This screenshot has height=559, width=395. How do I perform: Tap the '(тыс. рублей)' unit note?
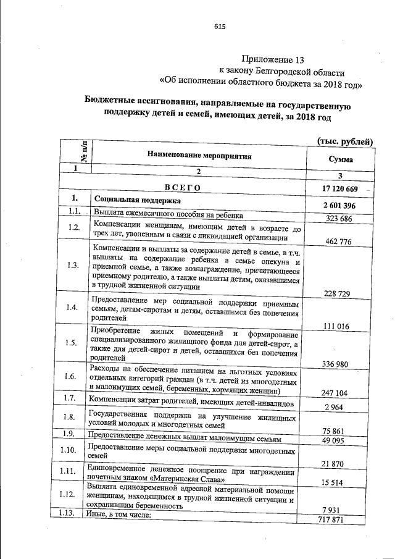tap(345, 141)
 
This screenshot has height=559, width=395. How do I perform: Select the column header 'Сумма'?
tap(341, 159)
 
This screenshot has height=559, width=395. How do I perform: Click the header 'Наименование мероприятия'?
tap(199, 156)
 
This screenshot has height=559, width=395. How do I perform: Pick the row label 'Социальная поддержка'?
tap(136, 201)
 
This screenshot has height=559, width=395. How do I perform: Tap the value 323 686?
tap(338, 219)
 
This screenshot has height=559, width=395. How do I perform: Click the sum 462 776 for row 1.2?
tap(338, 242)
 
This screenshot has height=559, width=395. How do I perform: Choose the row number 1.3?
tap(73, 266)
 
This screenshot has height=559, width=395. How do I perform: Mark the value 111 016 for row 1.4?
tap(336, 326)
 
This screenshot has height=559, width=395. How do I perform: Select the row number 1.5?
tap(73, 343)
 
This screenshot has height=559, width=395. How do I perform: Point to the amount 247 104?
tap(335, 392)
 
